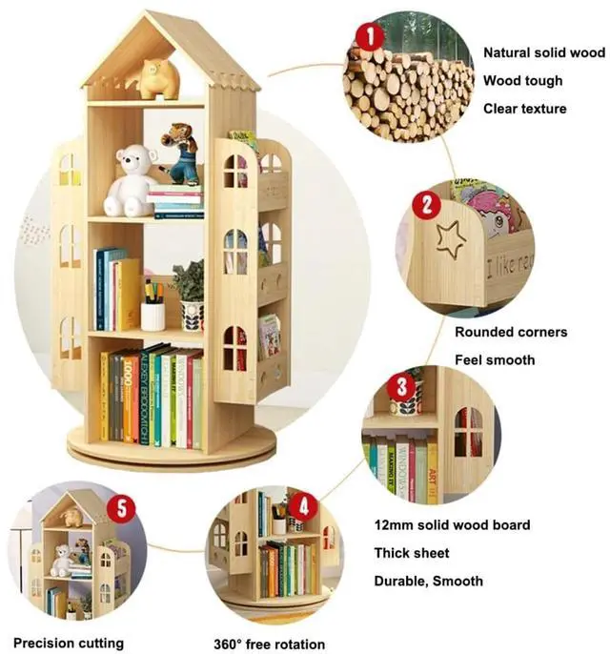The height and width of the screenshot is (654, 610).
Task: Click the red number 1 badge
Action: tap(369, 37)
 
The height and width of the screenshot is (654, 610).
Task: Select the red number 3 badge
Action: tap(402, 386)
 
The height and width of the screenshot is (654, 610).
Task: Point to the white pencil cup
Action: tap(152, 316)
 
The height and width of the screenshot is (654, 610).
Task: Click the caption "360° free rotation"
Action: tap(269, 644)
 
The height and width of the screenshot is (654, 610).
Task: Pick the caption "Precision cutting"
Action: tap(69, 643)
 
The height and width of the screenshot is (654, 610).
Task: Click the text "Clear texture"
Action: tap(524, 109)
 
